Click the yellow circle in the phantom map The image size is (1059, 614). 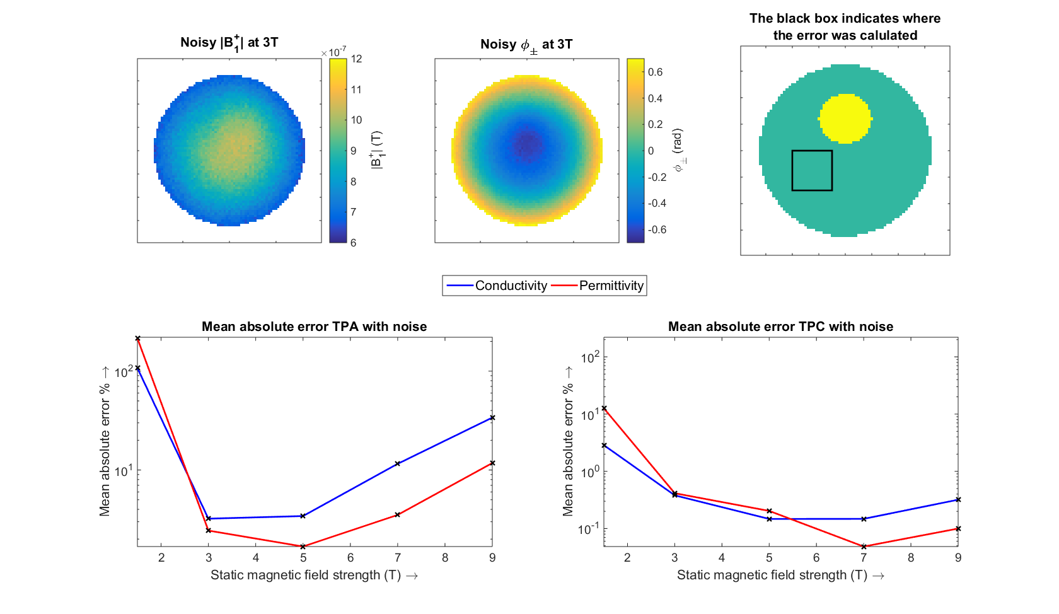(845, 119)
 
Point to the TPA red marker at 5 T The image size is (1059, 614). (303, 547)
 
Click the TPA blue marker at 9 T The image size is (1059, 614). (492, 418)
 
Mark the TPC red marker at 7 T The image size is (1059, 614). (864, 547)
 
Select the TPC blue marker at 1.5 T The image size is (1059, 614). (604, 446)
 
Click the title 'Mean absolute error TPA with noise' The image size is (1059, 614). (314, 327)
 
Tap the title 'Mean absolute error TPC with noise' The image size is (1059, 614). (780, 327)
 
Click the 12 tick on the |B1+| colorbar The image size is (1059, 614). (357, 59)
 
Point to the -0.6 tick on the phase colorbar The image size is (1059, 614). (657, 229)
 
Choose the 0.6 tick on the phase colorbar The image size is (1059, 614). (656, 72)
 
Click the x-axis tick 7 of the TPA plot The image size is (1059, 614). (398, 558)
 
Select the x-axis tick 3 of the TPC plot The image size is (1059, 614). (674, 558)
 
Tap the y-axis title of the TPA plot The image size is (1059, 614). (105, 441)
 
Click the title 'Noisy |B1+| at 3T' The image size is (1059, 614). (229, 43)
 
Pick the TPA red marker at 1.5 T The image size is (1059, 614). (137, 339)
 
